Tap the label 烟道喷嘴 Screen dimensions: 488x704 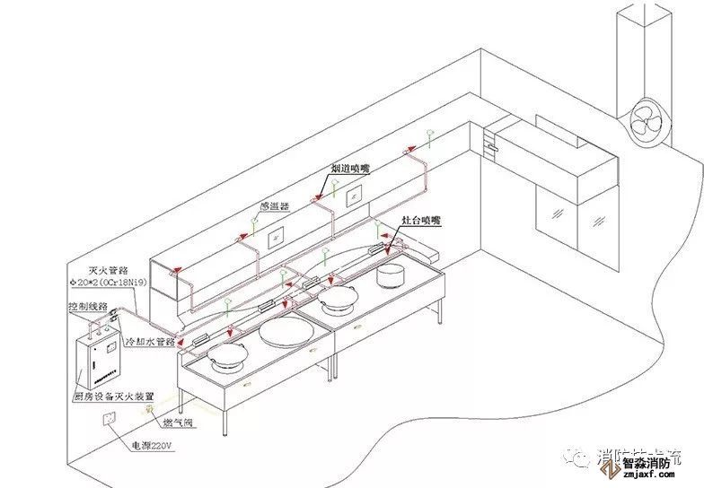pos(348,169)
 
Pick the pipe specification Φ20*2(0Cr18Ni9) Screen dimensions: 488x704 pos(107,283)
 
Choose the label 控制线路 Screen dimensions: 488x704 pos(88,306)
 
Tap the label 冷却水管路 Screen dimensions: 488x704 pos(148,342)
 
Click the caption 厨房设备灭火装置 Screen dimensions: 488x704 pos(112,396)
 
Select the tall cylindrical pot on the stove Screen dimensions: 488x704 pos(392,274)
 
